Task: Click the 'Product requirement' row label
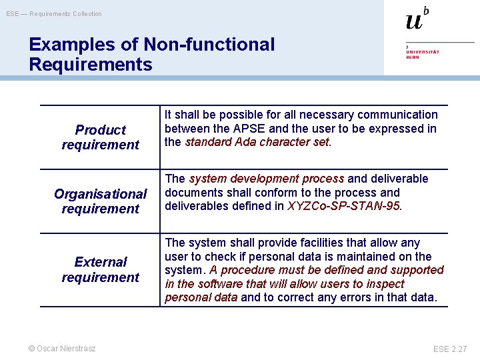(x=100, y=137)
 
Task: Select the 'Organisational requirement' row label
(x=100, y=201)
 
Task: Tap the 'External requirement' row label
(x=100, y=269)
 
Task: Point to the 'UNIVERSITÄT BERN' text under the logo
(x=423, y=54)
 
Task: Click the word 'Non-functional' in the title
(x=209, y=45)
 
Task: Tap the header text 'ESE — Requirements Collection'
(x=54, y=14)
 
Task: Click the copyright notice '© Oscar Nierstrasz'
(x=62, y=348)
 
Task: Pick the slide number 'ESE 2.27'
(x=450, y=349)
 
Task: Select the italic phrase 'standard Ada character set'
(x=257, y=142)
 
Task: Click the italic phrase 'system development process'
(x=267, y=179)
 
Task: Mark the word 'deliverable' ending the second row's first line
(x=398, y=179)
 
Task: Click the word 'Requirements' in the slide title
(x=91, y=65)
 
